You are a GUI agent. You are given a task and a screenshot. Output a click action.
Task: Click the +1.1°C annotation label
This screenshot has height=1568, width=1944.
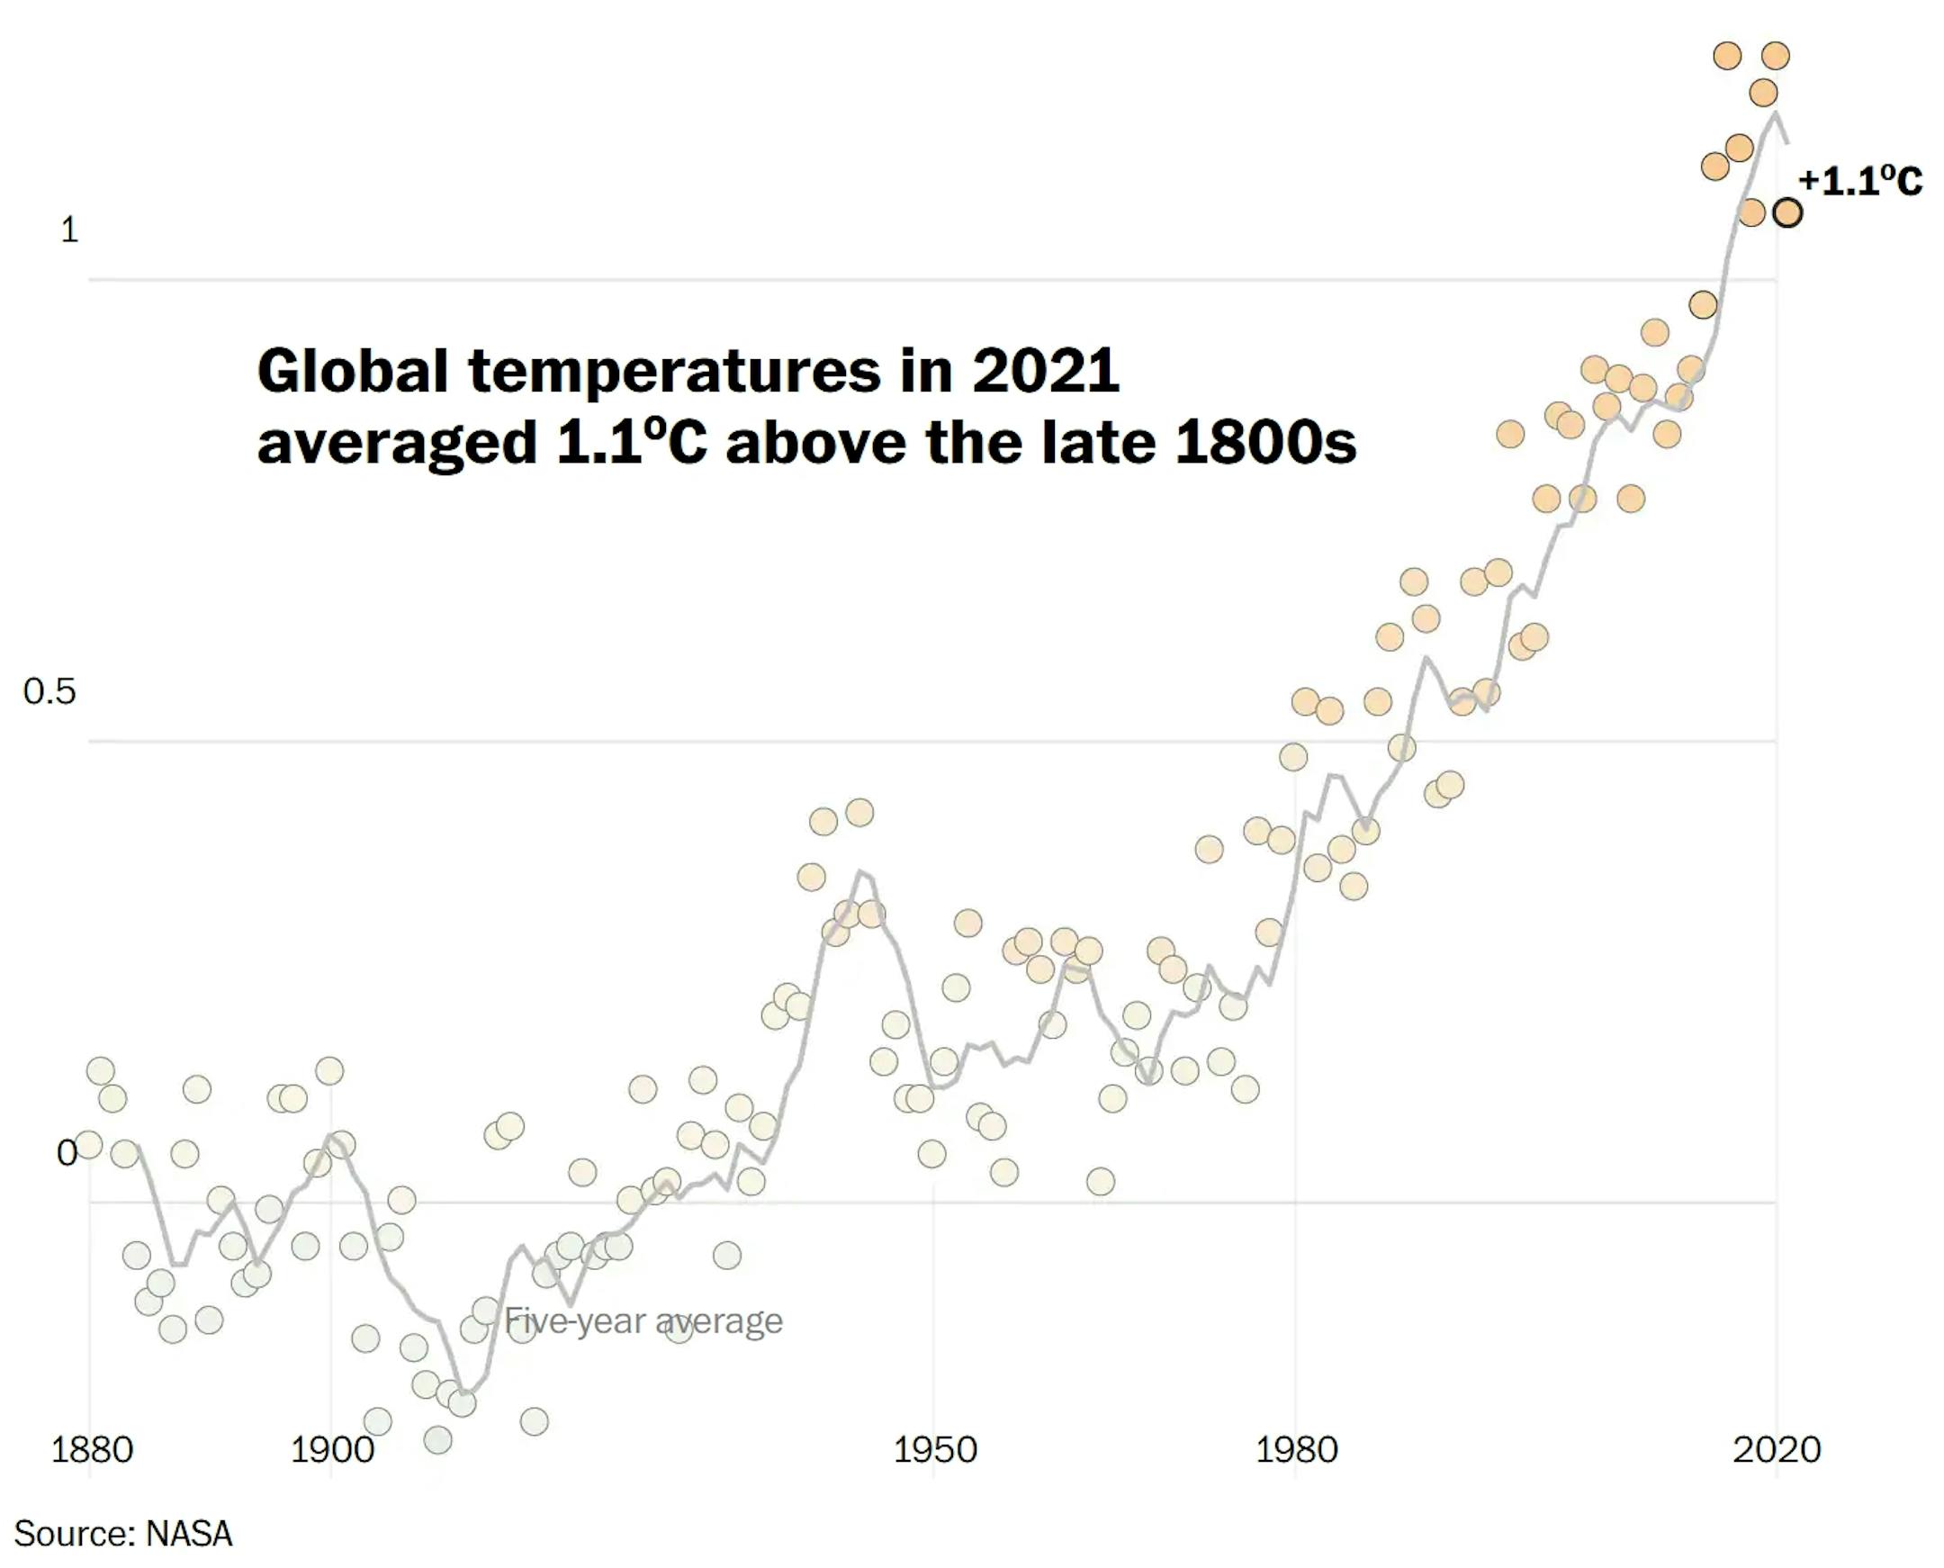(1861, 181)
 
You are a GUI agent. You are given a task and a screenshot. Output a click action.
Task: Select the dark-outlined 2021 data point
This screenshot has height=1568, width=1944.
(1787, 213)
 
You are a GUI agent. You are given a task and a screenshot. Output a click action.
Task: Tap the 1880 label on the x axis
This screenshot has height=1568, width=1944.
(92, 1450)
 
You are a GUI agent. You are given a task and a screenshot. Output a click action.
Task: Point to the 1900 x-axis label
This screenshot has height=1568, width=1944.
(331, 1450)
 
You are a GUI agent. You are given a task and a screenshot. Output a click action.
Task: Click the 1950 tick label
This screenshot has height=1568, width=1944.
(934, 1450)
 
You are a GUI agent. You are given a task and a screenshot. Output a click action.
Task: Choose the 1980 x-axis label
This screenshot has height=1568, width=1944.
(1296, 1450)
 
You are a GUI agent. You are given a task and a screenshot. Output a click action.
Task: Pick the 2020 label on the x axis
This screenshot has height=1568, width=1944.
(1776, 1450)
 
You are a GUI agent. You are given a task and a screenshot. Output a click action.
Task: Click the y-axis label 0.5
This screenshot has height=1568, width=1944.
(49, 692)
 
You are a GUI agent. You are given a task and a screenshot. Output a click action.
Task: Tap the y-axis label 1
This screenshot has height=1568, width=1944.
(69, 230)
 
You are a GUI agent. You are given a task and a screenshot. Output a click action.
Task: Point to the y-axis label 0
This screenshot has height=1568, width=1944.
(66, 1152)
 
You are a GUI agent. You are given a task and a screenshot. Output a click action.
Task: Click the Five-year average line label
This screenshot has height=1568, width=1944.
(643, 1320)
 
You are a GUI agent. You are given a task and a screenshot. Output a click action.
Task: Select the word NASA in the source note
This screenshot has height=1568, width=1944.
(190, 1534)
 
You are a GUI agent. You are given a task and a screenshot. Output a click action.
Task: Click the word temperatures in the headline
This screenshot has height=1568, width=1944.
(674, 372)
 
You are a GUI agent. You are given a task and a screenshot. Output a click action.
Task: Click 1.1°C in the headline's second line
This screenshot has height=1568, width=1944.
(631, 442)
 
